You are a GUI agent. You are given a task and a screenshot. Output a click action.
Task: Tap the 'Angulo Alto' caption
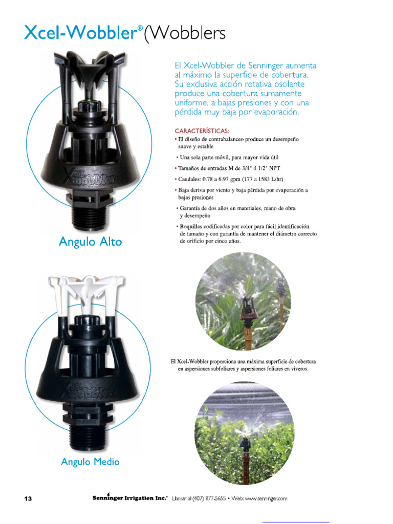(91, 242)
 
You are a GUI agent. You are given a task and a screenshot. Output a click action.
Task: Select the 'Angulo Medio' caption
(90, 462)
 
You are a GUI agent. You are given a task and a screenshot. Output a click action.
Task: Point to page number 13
(28, 498)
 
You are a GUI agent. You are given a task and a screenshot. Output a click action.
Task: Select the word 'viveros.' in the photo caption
(297, 368)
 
